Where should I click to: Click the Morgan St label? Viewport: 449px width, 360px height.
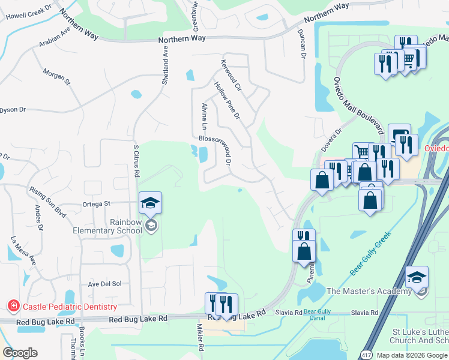pos(56,76)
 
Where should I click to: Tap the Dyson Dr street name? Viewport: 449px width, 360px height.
pos(13,110)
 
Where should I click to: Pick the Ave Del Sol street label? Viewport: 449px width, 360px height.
pos(105,284)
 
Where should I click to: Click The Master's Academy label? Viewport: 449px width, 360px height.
pos(369,292)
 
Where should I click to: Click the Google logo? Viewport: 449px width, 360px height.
pos(20,353)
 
